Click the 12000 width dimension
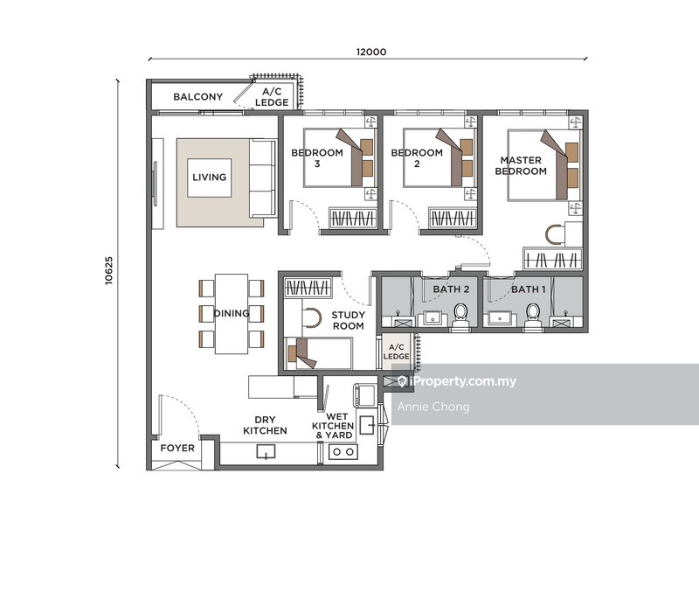pos(370,52)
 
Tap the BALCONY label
pos(197,97)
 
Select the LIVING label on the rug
pos(210,178)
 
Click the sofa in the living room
pos(261,178)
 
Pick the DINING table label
pos(231,313)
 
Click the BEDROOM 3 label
pos(312,157)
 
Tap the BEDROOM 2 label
pos(417,157)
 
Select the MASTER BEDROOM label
pos(521,166)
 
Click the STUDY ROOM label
pos(348,320)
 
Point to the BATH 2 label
pos(454,289)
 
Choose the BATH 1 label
pos(529,289)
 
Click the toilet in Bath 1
pos(532,313)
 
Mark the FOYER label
pos(177,449)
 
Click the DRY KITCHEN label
pos(265,425)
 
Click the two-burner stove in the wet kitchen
pos(342,452)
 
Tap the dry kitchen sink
pos(266,451)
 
